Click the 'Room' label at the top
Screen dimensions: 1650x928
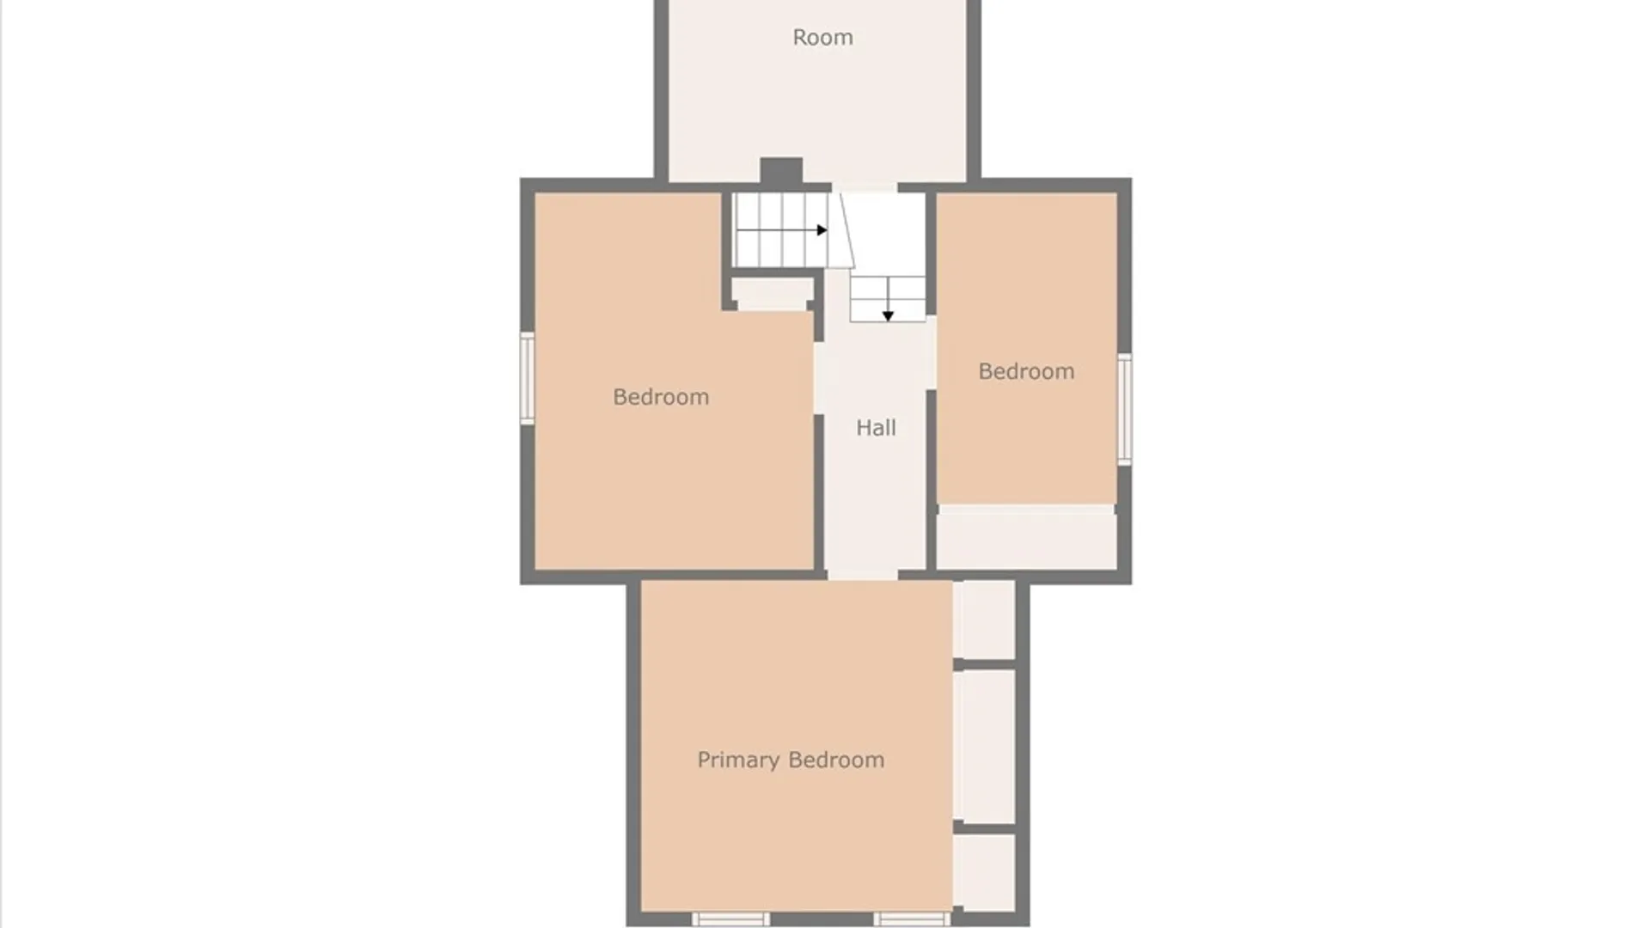pyautogui.click(x=822, y=37)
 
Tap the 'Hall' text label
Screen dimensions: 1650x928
pyautogui.click(x=876, y=427)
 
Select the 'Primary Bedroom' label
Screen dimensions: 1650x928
pyautogui.click(x=791, y=760)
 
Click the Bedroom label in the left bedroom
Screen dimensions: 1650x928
pyautogui.click(x=661, y=396)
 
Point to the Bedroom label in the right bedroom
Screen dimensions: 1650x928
pyautogui.click(x=1026, y=371)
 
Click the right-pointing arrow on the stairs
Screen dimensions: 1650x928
pyautogui.click(x=782, y=230)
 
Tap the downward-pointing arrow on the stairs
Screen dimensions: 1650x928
pyautogui.click(x=888, y=301)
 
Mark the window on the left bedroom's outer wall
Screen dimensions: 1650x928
pyautogui.click(x=528, y=378)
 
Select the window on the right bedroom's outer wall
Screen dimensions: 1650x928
pyautogui.click(x=1124, y=409)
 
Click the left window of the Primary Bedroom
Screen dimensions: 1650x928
pyautogui.click(x=731, y=919)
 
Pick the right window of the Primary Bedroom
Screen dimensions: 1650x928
pyautogui.click(x=912, y=919)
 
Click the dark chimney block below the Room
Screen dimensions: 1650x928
pyautogui.click(x=781, y=170)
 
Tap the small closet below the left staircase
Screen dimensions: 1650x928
pyautogui.click(x=773, y=294)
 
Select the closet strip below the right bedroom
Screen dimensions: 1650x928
pyautogui.click(x=1026, y=537)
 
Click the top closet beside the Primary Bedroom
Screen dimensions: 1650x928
pyautogui.click(x=985, y=620)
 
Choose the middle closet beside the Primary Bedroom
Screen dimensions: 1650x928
pyautogui.click(x=985, y=745)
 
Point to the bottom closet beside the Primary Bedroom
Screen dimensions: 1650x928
pyautogui.click(x=985, y=871)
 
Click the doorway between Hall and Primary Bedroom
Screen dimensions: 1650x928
pyautogui.click(x=862, y=575)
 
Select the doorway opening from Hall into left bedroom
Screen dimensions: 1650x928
pyautogui.click(x=819, y=378)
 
